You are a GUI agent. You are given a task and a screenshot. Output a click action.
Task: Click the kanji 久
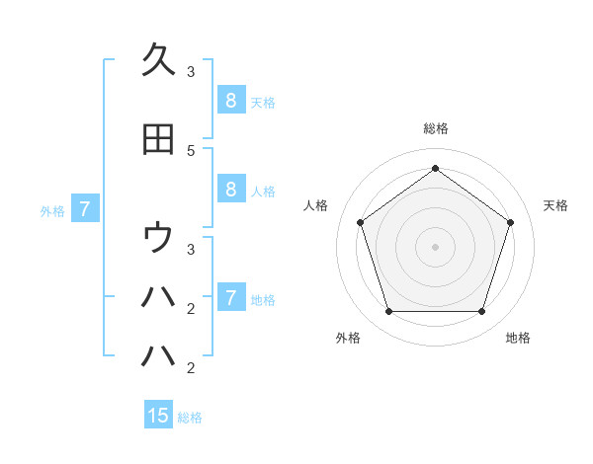158,58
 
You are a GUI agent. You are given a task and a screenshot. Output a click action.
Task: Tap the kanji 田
158,139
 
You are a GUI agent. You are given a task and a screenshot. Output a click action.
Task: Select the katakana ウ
158,238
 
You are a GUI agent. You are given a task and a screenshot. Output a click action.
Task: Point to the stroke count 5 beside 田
191,150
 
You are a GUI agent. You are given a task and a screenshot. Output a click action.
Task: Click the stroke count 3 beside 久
191,71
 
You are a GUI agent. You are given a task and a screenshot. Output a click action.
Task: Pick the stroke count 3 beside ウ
191,249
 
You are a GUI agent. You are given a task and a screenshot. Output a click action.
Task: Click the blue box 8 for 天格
230,101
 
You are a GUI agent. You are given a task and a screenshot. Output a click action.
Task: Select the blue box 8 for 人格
230,191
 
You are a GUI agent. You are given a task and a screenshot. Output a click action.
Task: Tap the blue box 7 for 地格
230,298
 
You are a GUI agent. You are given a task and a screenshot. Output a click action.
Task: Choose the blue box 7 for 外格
85,209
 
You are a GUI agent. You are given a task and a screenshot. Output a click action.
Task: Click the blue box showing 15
158,416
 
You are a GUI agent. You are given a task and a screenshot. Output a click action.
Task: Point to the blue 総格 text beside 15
190,418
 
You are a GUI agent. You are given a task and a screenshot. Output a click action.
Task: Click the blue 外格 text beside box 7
52,210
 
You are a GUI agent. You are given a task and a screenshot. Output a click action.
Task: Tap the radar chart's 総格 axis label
435,128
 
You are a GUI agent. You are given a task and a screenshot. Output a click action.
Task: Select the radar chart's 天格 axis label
555,205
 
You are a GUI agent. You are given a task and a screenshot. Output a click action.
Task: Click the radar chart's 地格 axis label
518,338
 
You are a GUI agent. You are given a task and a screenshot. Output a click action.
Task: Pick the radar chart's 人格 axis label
316,205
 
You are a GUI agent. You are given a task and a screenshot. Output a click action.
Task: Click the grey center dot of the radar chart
435,247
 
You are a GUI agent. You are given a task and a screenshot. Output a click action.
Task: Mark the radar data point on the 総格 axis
435,168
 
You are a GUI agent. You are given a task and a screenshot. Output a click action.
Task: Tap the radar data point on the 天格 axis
511,222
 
